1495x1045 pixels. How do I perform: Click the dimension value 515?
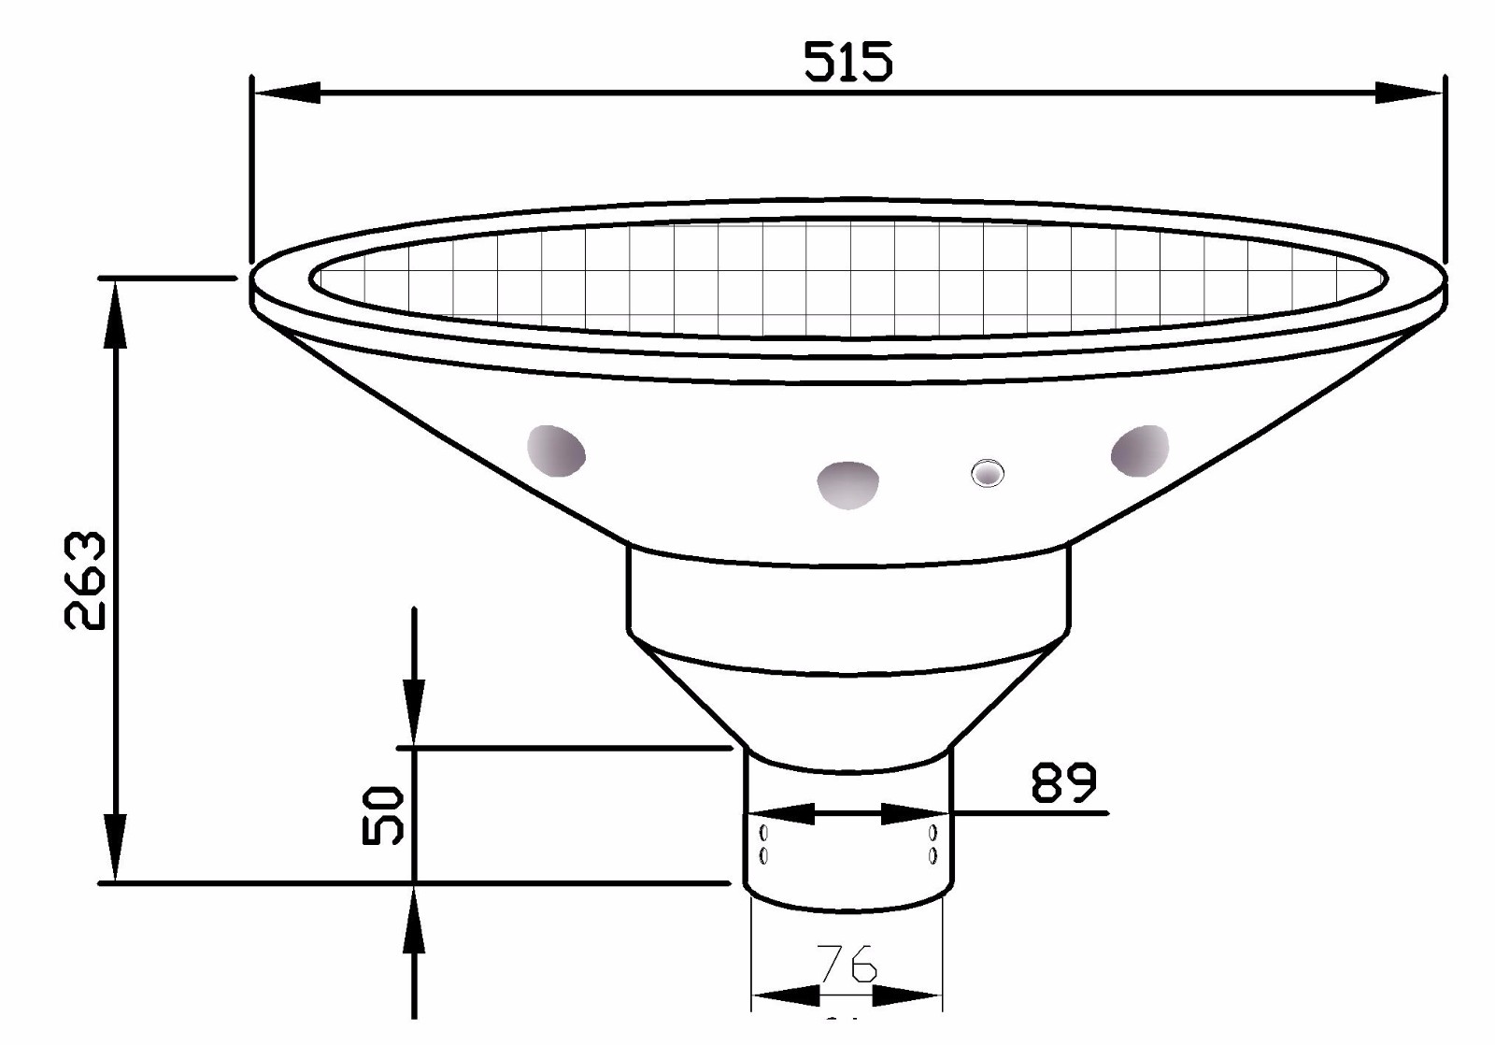coord(848,62)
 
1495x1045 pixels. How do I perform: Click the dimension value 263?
coord(85,580)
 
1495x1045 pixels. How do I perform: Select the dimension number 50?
coord(383,815)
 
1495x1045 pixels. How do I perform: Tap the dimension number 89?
coord(1063,782)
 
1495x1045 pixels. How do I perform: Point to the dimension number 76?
coord(847,963)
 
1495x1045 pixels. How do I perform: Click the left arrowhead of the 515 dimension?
coord(286,93)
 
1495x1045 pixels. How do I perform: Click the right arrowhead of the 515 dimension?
coord(1409,93)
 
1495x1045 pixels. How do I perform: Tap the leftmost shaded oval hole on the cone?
coord(556,450)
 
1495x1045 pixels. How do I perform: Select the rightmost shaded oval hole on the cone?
coord(1140,450)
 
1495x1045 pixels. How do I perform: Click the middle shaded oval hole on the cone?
coord(847,484)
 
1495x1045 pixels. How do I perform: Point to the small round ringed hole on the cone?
coord(986,473)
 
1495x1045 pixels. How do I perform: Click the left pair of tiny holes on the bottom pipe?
coord(764,843)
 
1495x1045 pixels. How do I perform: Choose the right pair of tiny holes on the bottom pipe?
coord(933,843)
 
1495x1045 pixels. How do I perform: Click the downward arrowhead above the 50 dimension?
coord(414,714)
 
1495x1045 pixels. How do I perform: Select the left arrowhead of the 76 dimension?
coord(783,995)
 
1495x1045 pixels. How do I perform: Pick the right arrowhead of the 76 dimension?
coord(910,995)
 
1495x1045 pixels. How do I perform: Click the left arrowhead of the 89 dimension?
coord(780,814)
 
